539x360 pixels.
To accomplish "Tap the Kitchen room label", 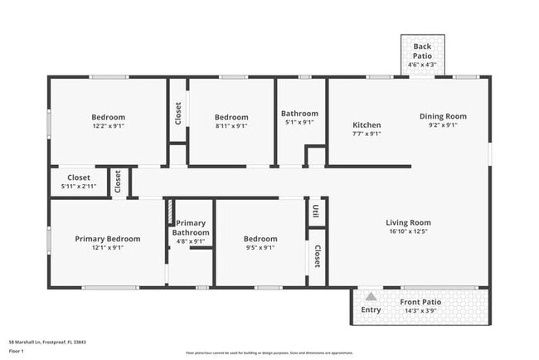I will coord(367,125).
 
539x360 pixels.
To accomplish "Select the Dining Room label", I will coord(443,117).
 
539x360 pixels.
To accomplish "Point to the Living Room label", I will coord(408,222).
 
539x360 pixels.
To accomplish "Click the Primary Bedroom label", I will coord(108,239).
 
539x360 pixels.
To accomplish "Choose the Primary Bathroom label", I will coord(191,228).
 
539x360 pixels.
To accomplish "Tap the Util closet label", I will coord(316,212).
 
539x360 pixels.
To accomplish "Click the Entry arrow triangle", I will coord(371,295).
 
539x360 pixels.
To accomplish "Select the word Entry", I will coord(371,309).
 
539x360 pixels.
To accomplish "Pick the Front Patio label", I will coord(420,302).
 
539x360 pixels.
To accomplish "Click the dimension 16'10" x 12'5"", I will coord(408,232).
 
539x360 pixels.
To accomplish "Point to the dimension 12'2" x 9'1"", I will coord(109,126).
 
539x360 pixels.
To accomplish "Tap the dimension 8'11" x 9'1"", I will coord(231,126).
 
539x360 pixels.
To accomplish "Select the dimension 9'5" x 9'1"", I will coord(260,247).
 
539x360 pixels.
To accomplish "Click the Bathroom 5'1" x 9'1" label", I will coord(299,114).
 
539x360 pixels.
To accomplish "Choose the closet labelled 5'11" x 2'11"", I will coord(79,178).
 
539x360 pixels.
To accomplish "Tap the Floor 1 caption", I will coord(16,351).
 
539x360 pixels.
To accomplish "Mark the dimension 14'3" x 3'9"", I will coord(420,311).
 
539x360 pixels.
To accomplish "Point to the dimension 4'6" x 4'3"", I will coord(422,65).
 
